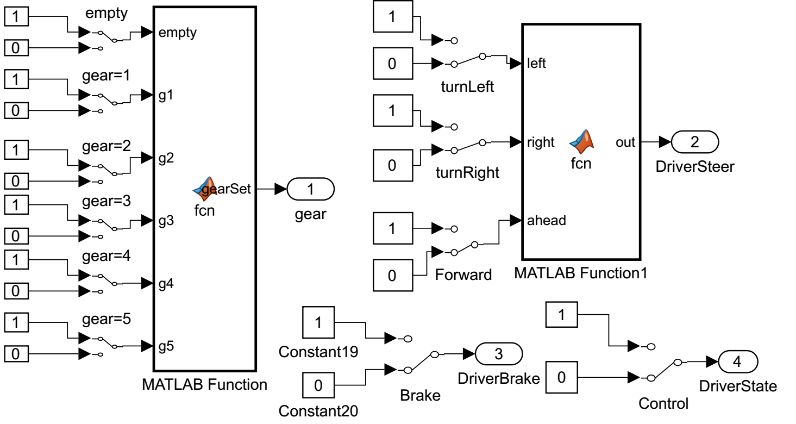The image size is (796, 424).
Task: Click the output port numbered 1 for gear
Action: [x=310, y=189]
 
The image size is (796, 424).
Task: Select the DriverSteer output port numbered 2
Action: [x=695, y=142]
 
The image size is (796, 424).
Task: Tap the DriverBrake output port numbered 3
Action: [x=499, y=354]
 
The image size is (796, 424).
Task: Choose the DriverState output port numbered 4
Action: [x=737, y=361]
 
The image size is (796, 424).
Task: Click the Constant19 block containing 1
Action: [x=318, y=323]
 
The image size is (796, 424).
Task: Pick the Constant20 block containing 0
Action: [x=318, y=385]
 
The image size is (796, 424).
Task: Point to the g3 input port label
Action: [x=166, y=221]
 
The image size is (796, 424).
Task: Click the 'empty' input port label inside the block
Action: [x=177, y=33]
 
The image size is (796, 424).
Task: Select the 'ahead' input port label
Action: [x=547, y=220]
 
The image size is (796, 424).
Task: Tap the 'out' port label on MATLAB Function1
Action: [x=625, y=142]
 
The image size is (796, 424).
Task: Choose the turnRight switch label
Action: [x=467, y=173]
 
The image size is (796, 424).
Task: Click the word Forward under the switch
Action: [x=463, y=275]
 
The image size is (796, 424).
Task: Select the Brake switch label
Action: [x=420, y=395]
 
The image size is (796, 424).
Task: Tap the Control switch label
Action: [x=663, y=403]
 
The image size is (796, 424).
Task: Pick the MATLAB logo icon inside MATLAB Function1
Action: [x=581, y=141]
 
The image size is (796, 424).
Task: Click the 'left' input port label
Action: [x=537, y=64]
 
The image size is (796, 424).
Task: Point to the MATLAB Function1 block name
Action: [x=580, y=273]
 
